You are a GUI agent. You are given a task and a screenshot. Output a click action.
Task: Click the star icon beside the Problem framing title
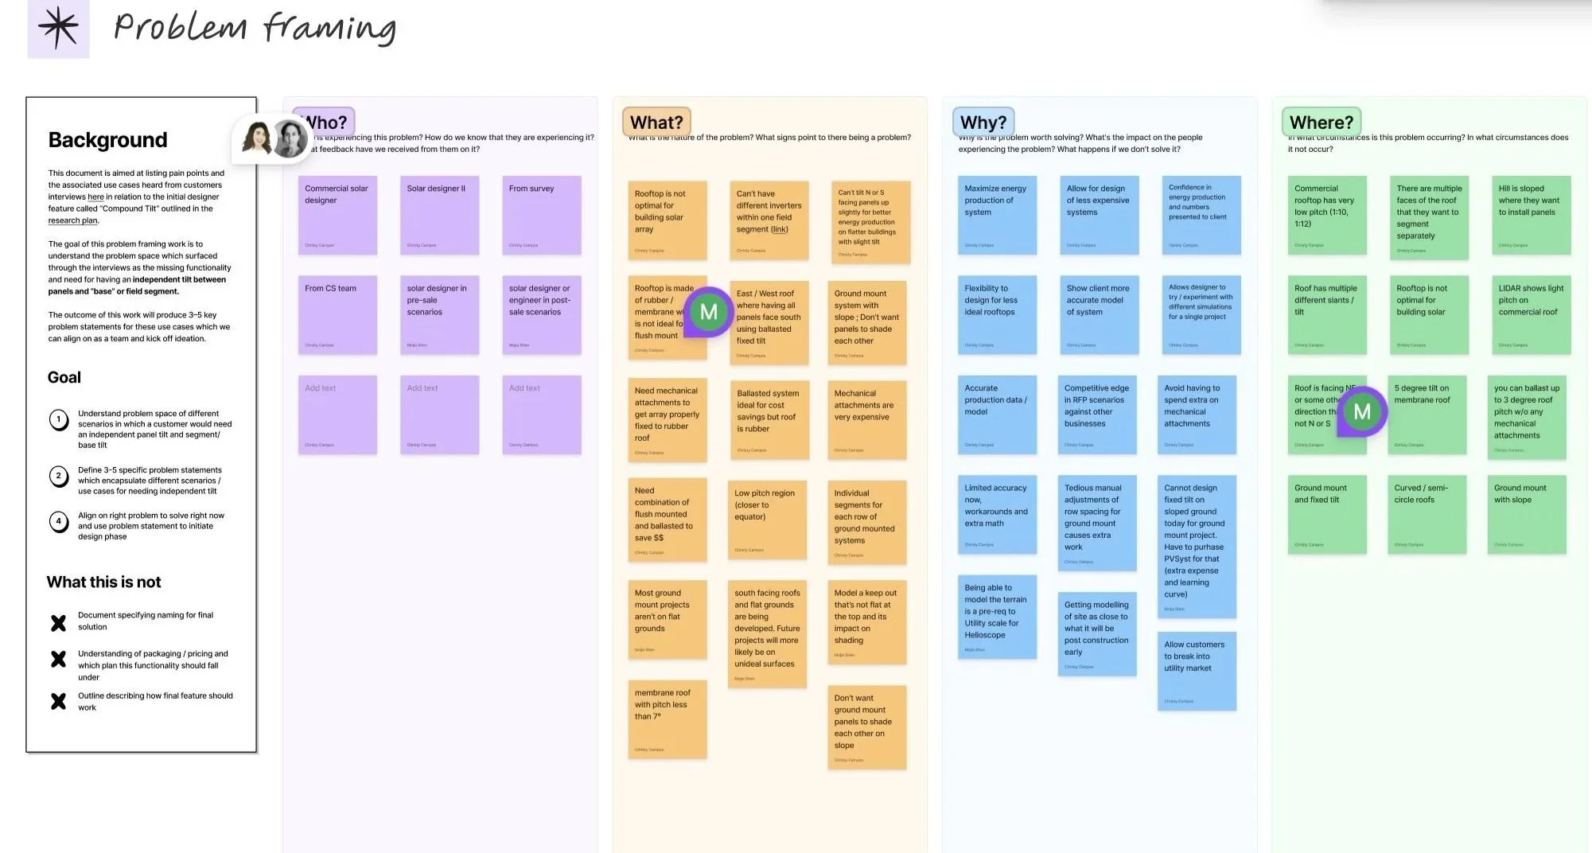58,28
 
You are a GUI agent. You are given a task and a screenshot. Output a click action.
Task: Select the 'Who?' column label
325,123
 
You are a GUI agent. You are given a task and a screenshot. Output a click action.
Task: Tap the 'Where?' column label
1321,123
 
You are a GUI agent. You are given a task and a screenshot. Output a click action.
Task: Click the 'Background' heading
107,140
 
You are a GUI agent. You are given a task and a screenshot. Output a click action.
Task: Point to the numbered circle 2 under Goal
59,477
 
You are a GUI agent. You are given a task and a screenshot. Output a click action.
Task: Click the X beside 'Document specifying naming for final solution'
59,623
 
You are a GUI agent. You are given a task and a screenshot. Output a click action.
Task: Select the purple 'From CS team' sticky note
337,314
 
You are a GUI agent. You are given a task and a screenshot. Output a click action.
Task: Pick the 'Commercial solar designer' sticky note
337,215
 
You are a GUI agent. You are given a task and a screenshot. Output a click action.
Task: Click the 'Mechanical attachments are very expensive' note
866,419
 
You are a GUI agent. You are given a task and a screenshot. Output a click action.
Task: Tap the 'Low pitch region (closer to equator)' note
767,518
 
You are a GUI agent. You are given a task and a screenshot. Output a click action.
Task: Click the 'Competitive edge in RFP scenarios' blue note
1097,415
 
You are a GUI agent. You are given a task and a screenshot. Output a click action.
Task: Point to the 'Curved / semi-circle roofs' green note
1427,514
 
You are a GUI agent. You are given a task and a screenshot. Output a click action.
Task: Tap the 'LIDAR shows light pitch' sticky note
1530,314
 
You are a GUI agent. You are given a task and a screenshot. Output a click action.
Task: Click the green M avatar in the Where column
1362,411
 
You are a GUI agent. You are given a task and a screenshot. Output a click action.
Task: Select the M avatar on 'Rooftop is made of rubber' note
708,312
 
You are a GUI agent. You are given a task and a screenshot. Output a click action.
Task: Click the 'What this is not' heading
103,582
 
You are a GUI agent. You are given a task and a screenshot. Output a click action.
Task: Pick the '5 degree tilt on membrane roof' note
1427,415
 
